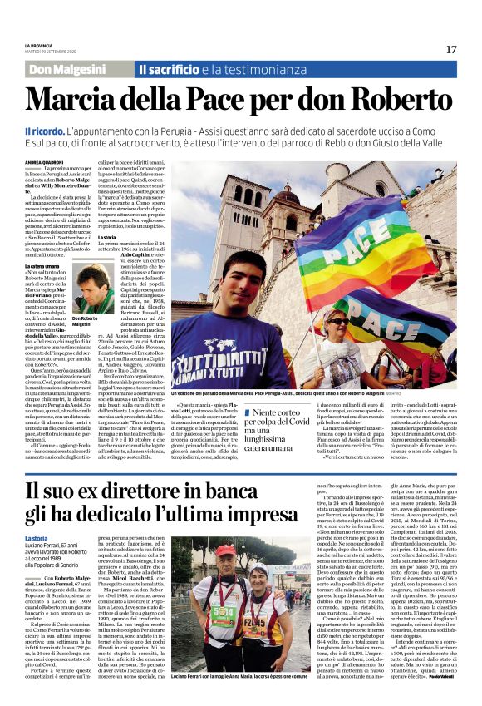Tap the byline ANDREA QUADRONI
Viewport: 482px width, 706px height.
[45, 163]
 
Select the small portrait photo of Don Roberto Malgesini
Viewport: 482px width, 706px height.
[89, 289]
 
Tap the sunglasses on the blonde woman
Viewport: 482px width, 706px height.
[340, 321]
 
